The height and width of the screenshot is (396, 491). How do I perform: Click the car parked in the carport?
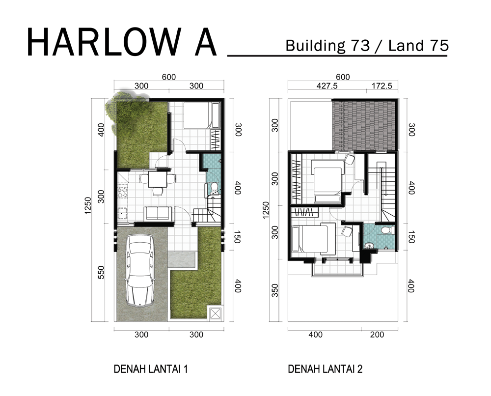click(x=139, y=270)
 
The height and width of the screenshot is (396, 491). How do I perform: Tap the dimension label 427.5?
click(x=327, y=86)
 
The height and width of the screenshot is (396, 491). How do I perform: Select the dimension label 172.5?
click(x=382, y=86)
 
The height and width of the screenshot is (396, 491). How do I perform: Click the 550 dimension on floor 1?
click(x=101, y=272)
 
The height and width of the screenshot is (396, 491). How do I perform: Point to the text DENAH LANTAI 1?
click(x=151, y=369)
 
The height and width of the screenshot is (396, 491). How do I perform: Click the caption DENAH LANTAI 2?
click(x=325, y=369)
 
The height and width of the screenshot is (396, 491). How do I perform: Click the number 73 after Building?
click(x=360, y=46)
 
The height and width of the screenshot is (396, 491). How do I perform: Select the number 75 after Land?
click(x=439, y=46)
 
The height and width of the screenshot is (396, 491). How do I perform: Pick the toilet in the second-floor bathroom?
click(x=388, y=230)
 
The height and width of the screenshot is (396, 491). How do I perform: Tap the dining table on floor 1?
click(x=158, y=179)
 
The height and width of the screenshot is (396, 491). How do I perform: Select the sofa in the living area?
click(x=158, y=213)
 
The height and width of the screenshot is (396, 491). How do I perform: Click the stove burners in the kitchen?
click(x=122, y=192)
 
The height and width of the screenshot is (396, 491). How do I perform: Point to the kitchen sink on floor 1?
click(x=122, y=215)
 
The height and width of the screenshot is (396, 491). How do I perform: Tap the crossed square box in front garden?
click(x=216, y=313)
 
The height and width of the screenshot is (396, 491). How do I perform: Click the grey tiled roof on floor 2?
click(x=364, y=125)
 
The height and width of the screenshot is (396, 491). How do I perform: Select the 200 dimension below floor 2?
click(x=377, y=335)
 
